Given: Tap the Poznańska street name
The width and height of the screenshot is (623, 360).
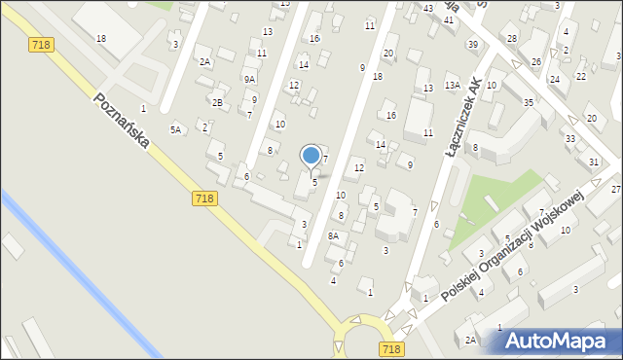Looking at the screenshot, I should (x=122, y=122).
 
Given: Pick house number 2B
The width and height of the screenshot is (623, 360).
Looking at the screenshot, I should (x=218, y=102).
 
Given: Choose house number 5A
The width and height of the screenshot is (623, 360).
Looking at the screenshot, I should (x=176, y=129).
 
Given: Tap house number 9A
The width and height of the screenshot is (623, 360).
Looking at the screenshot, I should (x=250, y=80).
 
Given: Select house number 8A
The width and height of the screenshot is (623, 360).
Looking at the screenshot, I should (x=333, y=235).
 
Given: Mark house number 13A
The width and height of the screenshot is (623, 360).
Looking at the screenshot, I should (x=453, y=86).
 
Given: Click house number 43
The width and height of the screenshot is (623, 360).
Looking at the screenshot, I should (x=428, y=8).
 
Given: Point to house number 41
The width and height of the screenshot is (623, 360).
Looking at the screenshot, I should (x=449, y=20).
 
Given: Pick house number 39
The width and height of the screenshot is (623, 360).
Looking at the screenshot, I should (x=472, y=45).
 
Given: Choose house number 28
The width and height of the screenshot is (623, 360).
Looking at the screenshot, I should (x=512, y=38).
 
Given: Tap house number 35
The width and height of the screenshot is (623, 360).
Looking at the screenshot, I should (x=529, y=102).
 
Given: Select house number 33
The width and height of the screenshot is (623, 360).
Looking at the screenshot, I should (x=570, y=139).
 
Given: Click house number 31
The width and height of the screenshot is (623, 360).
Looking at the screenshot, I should (x=594, y=162).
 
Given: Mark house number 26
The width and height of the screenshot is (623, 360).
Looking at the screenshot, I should (x=536, y=61).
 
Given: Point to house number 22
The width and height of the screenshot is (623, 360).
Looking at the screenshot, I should (x=581, y=76).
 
